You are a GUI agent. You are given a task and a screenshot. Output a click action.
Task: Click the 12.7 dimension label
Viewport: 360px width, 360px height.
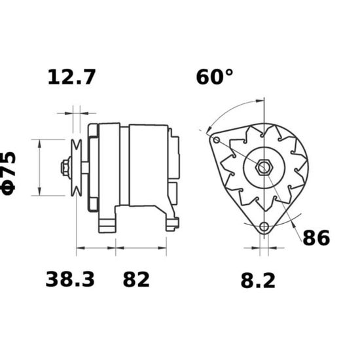coord(71,77)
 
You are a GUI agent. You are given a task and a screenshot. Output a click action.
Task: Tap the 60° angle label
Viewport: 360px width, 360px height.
coord(215,77)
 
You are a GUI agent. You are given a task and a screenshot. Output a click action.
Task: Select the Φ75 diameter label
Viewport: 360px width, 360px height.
coord(9,173)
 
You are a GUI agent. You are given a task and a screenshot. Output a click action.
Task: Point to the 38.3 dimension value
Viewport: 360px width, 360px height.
coord(70,279)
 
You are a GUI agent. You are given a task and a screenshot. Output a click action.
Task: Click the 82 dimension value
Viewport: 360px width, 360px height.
coord(136,279)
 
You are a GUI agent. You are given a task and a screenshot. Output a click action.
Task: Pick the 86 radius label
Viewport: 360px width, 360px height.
coord(316,238)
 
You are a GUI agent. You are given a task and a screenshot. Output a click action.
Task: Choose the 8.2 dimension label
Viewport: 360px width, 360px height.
coord(258,281)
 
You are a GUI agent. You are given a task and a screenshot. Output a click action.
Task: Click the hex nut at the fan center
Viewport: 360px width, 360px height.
coord(264,168)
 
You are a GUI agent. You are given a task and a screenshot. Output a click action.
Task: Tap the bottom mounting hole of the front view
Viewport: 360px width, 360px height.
coord(264,227)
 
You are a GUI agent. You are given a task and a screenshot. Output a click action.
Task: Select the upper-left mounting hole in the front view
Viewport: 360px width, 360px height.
coord(217,140)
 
